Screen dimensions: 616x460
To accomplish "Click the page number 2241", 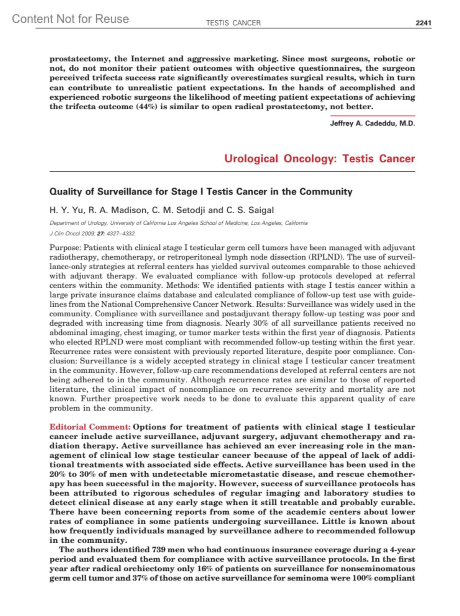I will pos(423,23).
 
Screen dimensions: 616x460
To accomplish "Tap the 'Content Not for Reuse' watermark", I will pos(70,19).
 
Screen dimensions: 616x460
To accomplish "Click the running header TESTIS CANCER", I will pos(233,23).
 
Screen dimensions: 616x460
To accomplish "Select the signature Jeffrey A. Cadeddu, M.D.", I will pos(372,124).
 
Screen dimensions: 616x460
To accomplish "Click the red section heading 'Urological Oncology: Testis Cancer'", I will pos(319,158).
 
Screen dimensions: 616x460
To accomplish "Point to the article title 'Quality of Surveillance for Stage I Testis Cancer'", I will pos(200,191).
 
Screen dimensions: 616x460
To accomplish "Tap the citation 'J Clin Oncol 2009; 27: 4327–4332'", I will pos(92,233).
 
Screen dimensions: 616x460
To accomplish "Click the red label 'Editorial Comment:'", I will pos(90,427).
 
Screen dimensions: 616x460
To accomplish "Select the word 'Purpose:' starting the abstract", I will pos(65,248).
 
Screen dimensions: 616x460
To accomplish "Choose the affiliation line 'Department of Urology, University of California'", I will pos(178,223).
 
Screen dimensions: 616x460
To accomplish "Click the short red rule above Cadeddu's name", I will pos(372,116).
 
